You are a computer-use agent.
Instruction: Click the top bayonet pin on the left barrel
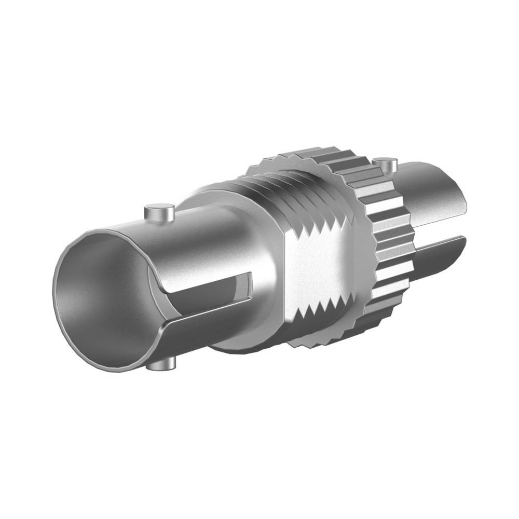158,213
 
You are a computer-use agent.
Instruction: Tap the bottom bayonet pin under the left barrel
161,365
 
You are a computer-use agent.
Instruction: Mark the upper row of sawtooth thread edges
322,226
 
